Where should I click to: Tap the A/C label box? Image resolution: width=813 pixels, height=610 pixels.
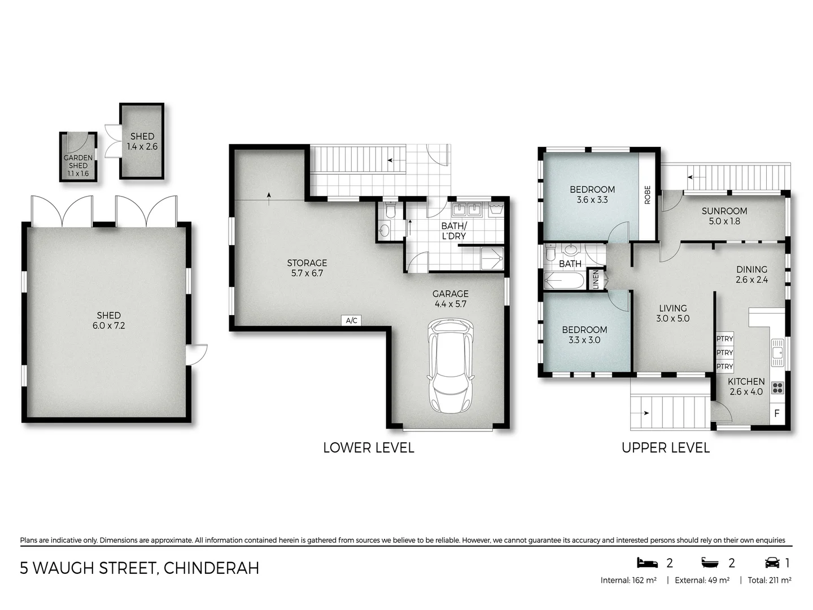pyautogui.click(x=351, y=321)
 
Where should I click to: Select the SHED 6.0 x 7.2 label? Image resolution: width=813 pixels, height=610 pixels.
pyautogui.click(x=108, y=320)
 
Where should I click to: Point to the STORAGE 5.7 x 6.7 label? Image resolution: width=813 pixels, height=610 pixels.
pyautogui.click(x=307, y=268)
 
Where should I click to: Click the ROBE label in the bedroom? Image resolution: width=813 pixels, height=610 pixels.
pyautogui.click(x=647, y=195)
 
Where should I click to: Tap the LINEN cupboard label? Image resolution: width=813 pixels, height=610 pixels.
pyautogui.click(x=595, y=280)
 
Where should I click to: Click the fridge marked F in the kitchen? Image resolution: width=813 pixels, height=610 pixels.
pyautogui.click(x=777, y=413)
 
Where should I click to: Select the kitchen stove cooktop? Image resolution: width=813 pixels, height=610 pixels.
pyautogui.click(x=777, y=387)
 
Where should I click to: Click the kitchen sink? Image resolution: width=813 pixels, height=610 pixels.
pyautogui.click(x=777, y=350)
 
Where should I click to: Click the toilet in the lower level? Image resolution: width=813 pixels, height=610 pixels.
pyautogui.click(x=389, y=211)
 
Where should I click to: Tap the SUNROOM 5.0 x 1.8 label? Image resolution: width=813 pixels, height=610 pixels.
pyautogui.click(x=724, y=216)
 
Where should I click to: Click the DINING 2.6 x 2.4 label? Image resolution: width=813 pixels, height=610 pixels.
pyautogui.click(x=751, y=274)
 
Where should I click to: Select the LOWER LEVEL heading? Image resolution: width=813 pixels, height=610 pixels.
pyautogui.click(x=368, y=448)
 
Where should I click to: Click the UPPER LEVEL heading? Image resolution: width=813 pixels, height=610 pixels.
pyautogui.click(x=665, y=448)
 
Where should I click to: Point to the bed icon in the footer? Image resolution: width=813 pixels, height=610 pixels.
pyautogui.click(x=647, y=563)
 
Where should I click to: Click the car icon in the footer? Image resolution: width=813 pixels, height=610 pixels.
pyautogui.click(x=772, y=563)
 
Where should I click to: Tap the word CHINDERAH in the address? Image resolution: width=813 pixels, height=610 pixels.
pyautogui.click(x=211, y=568)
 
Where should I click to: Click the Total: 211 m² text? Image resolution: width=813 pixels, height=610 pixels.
pyautogui.click(x=769, y=580)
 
